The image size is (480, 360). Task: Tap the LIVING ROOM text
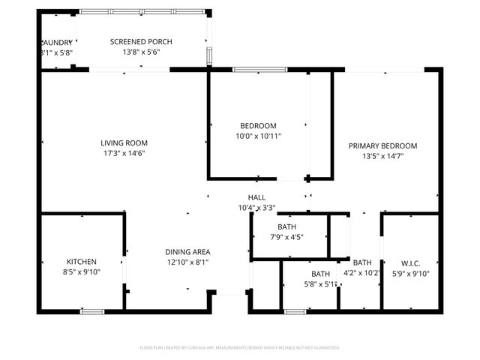click(124, 142)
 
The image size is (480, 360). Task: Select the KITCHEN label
click(82, 261)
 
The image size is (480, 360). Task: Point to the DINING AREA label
click(187, 252)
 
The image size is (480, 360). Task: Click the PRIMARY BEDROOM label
click(382, 145)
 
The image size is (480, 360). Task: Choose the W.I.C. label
click(410, 262)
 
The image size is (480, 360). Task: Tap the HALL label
click(256, 197)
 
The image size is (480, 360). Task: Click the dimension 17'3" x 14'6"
click(124, 153)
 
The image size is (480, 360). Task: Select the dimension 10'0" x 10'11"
click(258, 136)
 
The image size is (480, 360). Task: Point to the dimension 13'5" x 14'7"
click(382, 156)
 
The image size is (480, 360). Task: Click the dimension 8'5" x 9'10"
click(82, 271)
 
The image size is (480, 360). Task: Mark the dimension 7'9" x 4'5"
click(286, 236)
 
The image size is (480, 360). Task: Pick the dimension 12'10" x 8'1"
click(187, 262)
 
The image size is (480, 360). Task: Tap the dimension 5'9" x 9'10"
click(410, 273)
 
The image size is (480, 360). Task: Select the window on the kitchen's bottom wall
click(92, 310)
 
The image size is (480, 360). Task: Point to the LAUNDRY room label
click(56, 42)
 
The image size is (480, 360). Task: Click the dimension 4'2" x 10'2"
click(362, 273)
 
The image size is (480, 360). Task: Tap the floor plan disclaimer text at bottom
click(240, 347)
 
